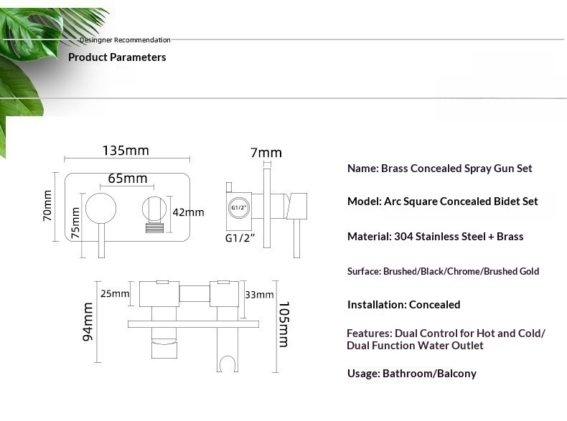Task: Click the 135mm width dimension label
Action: [126, 151]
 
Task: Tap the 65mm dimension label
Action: [128, 179]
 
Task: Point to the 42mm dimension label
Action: [188, 212]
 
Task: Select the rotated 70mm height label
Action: [47, 205]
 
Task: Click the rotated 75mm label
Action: [75, 223]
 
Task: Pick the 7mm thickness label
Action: [266, 153]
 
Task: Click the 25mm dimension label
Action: [115, 293]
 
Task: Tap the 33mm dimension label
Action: [259, 295]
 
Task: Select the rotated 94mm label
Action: [88, 321]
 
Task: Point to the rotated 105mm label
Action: [284, 324]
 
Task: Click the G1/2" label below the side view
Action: [240, 238]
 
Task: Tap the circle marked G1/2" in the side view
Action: [239, 208]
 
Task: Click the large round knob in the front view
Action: [101, 208]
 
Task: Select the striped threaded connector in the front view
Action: [154, 228]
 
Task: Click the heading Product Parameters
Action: [117, 57]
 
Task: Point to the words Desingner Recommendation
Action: [125, 39]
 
